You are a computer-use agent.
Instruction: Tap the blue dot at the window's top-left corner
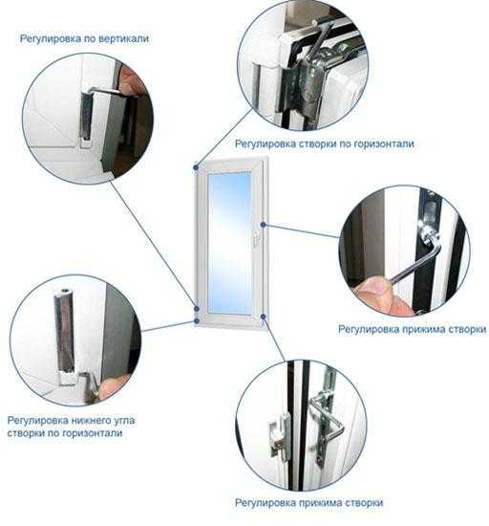click(x=196, y=166)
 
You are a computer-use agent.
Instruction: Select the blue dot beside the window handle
click(x=263, y=225)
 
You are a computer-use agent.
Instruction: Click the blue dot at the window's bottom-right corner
click(x=263, y=316)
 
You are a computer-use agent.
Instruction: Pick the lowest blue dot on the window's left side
click(x=197, y=321)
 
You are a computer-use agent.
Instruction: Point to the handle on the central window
click(x=256, y=238)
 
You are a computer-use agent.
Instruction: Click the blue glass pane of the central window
click(x=229, y=243)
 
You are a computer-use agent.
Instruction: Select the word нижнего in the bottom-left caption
click(x=94, y=421)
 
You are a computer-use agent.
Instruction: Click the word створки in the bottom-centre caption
click(x=364, y=503)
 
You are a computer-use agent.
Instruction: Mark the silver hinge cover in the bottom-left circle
click(x=64, y=331)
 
